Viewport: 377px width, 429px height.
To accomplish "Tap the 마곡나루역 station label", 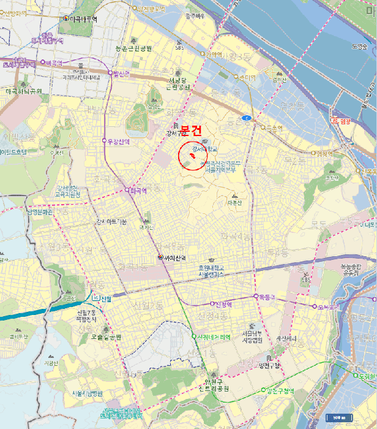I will coord(83,19).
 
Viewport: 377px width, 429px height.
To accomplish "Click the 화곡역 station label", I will coord(138,191).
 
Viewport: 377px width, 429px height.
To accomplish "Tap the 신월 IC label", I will coord(102,298).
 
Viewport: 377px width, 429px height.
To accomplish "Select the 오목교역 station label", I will coord(328,306).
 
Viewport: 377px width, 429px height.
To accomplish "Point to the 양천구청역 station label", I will coord(282,390).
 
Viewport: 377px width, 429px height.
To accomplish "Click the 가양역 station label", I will coord(214,54).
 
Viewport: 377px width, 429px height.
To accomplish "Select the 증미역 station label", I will coord(247,77).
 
